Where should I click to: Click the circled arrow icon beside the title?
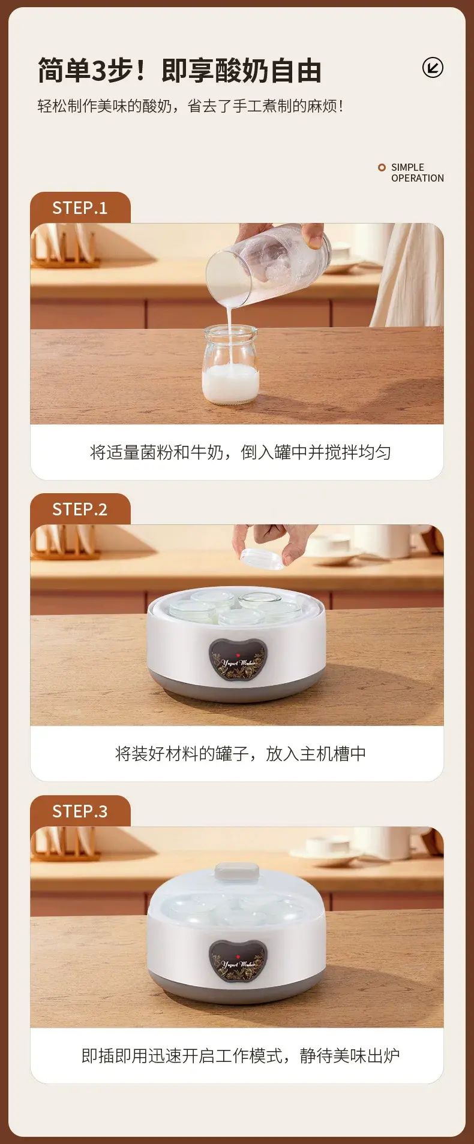[x=433, y=68]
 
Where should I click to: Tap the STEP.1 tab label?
[x=80, y=208]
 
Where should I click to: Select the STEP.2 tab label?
[x=80, y=509]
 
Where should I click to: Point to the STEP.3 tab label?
[x=80, y=811]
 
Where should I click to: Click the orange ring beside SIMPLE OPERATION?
[x=382, y=168]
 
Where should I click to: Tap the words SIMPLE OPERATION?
[x=418, y=173]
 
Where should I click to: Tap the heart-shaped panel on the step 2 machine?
[x=238, y=659]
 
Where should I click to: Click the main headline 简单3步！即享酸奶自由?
[x=180, y=71]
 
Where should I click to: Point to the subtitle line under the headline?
[x=191, y=106]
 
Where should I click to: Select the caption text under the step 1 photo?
[x=240, y=452]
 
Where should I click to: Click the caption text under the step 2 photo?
[x=240, y=753]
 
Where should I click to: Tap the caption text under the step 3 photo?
[x=240, y=1055]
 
